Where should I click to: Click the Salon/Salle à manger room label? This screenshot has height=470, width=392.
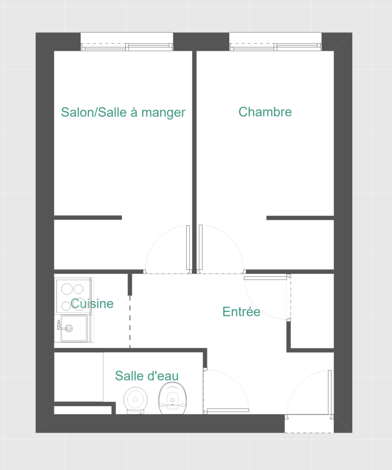point(123,112)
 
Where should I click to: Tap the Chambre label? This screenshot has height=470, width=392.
point(265,112)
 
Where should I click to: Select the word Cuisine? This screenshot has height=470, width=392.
point(92,304)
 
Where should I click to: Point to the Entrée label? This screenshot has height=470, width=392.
point(241,311)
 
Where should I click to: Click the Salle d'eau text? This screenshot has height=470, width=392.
point(146,376)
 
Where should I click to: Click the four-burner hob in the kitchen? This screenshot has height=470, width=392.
point(73,296)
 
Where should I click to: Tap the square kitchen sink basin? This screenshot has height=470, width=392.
point(74,328)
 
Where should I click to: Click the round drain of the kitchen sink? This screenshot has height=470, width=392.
point(69,328)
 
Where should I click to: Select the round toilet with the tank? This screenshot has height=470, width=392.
point(135,400)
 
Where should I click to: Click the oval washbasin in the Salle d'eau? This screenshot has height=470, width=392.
point(173,398)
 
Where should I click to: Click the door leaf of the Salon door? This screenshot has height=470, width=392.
point(188,248)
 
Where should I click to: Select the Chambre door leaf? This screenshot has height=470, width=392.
point(200,248)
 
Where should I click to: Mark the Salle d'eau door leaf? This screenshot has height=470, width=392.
point(228,411)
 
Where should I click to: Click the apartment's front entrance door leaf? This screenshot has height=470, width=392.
point(330,392)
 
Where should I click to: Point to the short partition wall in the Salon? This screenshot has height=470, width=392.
point(88,218)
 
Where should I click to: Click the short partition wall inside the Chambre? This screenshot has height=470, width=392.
point(300,218)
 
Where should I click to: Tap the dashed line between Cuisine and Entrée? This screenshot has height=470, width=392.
point(130,322)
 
